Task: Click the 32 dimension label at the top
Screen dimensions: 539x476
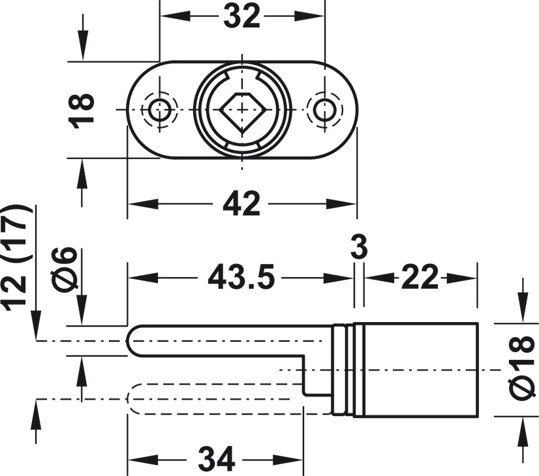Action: pos(241,16)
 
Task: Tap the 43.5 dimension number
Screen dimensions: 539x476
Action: pos(241,277)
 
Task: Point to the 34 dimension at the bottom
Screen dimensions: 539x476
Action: pos(217,460)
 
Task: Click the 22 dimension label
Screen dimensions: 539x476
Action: pos(420,277)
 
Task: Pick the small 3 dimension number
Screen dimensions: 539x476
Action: pos(359,246)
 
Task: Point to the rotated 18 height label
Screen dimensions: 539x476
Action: pos(81,111)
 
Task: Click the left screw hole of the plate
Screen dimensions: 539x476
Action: pos(160,110)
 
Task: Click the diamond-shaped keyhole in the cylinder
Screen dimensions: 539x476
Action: pos(242,110)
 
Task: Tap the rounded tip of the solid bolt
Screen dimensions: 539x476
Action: pos(128,340)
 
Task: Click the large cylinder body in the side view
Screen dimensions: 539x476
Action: pos(416,370)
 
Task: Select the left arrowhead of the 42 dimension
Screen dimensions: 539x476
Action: pos(143,204)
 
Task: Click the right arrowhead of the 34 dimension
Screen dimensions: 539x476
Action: pos(288,460)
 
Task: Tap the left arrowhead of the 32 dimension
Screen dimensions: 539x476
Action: pos(175,16)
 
